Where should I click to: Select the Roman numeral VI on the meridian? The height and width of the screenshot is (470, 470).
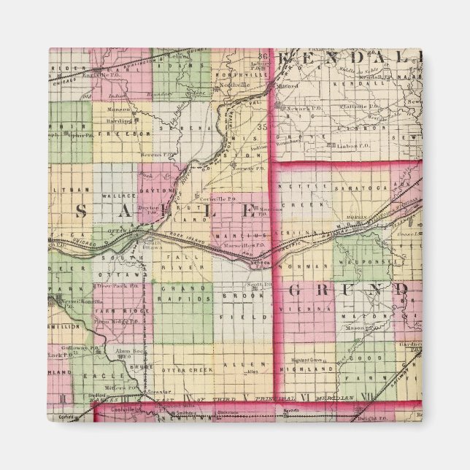click(304, 398)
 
